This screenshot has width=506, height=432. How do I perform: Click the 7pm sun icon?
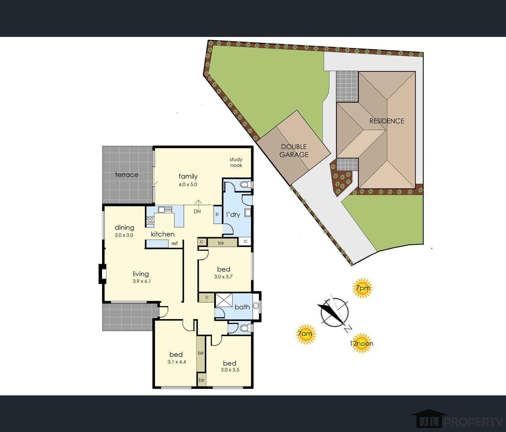click(362, 288)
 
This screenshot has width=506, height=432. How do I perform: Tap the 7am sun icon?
click(306, 334)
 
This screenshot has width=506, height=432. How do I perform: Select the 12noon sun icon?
click(362, 343)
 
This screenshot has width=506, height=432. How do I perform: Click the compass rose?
click(334, 313)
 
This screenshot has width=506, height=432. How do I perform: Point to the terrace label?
click(126, 175)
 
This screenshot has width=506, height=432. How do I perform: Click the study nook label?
click(236, 162)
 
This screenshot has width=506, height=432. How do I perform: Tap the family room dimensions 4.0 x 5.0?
click(188, 184)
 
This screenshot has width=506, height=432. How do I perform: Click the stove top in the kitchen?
click(150, 220)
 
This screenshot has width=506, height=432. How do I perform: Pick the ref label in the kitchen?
click(175, 244)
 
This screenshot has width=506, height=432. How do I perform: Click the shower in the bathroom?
click(224, 300)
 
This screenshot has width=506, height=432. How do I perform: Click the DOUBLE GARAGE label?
click(294, 151)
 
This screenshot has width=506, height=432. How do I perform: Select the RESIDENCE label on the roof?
click(387, 121)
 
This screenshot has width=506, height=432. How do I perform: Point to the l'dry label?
click(233, 214)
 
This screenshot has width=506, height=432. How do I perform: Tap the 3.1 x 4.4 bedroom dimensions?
click(177, 362)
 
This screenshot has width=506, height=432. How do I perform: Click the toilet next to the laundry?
click(246, 185)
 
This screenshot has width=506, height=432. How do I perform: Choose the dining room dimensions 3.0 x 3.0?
click(124, 235)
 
